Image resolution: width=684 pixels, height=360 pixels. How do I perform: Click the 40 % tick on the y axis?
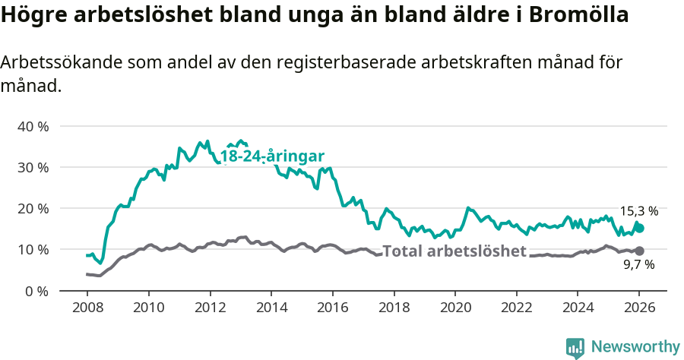click(x=33, y=126)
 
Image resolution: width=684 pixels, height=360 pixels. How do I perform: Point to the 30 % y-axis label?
click(x=33, y=167)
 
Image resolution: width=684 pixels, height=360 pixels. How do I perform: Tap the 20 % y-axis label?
click(x=33, y=208)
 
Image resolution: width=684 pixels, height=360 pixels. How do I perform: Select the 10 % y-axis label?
click(x=33, y=249)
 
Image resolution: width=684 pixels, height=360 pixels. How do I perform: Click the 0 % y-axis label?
click(x=36, y=291)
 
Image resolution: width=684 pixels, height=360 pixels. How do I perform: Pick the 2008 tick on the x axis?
click(x=87, y=308)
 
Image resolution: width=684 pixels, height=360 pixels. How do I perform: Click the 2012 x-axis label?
click(x=210, y=308)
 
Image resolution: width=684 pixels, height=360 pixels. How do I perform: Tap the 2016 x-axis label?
click(x=332, y=308)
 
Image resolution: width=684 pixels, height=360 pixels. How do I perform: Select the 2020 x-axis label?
click(x=454, y=308)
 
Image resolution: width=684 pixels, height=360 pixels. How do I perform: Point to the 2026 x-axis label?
click(x=638, y=308)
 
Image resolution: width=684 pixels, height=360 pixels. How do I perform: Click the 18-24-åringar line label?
click(x=272, y=156)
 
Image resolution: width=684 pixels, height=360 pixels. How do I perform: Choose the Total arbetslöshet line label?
click(x=454, y=251)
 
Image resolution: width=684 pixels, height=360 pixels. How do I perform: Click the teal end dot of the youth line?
click(x=640, y=228)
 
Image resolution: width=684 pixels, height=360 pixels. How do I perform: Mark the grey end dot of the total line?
click(x=639, y=251)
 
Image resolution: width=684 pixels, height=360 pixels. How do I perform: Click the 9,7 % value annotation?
click(x=638, y=265)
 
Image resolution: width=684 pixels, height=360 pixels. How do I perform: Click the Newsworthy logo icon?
click(x=575, y=348)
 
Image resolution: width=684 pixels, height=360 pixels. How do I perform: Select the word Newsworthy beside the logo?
click(x=635, y=347)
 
